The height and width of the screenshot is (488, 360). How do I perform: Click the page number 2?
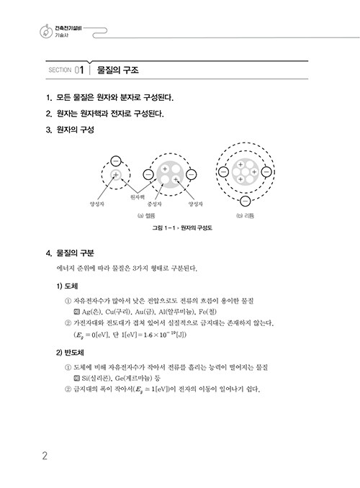pyautogui.click(x=45, y=456)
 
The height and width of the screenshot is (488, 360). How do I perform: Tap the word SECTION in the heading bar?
pyautogui.click(x=60, y=70)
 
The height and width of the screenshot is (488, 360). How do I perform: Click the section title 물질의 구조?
pyautogui.click(x=117, y=70)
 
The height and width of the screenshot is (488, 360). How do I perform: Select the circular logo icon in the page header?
pyautogui.click(x=46, y=32)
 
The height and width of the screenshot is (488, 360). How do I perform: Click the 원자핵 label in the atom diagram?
pyautogui.click(x=138, y=197)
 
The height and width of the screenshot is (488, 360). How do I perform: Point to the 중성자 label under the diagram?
pyautogui.click(x=154, y=204)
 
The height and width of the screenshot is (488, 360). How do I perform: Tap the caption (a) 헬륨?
pyautogui.click(x=146, y=215)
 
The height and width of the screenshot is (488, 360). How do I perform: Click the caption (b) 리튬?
pyautogui.click(x=245, y=215)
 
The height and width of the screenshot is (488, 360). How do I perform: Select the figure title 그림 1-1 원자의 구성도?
pyautogui.click(x=182, y=228)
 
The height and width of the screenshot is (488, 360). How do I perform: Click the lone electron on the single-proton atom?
pyautogui.click(x=116, y=161)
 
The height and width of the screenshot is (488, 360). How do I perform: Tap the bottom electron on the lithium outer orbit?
pyautogui.click(x=246, y=201)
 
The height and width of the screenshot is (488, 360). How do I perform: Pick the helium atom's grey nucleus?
pyautogui.click(x=170, y=174)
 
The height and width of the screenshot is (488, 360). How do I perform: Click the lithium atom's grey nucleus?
pyautogui.click(x=245, y=172)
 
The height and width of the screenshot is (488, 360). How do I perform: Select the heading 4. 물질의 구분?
pyautogui.click(x=70, y=253)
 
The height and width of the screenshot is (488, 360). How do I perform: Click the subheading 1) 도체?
pyautogui.click(x=67, y=286)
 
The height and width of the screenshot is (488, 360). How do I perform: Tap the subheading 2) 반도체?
pyautogui.click(x=70, y=353)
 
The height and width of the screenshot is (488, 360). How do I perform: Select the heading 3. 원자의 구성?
pyautogui.click(x=70, y=130)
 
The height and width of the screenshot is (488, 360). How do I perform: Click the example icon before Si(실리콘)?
pyautogui.click(x=76, y=379)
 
